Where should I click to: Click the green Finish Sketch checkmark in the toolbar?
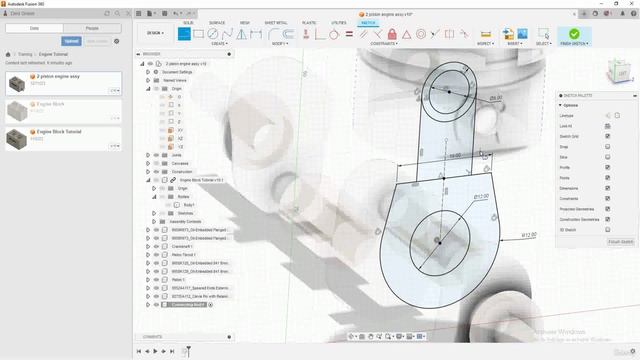click(x=574, y=34)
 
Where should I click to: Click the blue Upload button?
click(x=71, y=41)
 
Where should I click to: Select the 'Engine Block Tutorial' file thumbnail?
click(x=19, y=137)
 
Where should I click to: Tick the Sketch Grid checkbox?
click(x=607, y=136)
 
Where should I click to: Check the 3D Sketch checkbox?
click(x=607, y=229)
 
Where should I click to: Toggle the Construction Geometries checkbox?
click(x=607, y=219)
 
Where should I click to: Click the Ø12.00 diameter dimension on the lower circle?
click(x=480, y=196)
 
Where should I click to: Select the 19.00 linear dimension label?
click(x=455, y=156)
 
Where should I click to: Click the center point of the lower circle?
click(x=438, y=241)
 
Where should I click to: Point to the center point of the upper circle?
click(x=448, y=92)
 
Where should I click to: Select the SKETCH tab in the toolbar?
click(x=368, y=21)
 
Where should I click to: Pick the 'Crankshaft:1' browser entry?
click(x=183, y=246)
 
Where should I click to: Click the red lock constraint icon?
click(x=393, y=34)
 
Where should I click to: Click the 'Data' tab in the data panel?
click(x=34, y=28)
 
